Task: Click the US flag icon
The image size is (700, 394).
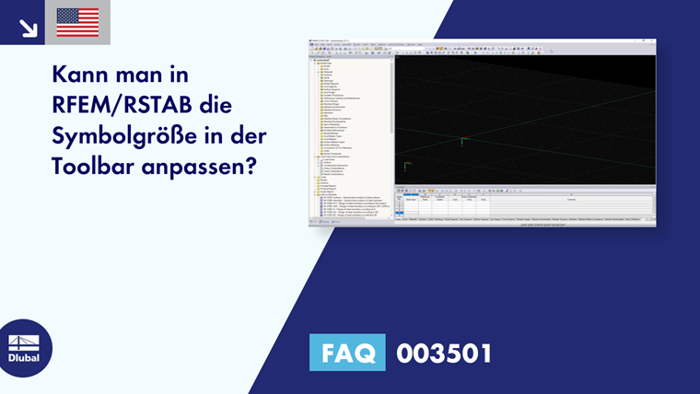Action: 77,22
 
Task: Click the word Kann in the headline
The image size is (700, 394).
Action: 81,75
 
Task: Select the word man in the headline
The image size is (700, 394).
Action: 148,75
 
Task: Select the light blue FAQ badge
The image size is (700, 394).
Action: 349,353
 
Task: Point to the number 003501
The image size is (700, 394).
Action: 443,353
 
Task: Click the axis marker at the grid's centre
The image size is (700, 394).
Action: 462,141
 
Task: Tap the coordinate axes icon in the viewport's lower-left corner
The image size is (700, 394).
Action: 406,166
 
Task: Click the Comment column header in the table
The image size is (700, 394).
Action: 570,197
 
